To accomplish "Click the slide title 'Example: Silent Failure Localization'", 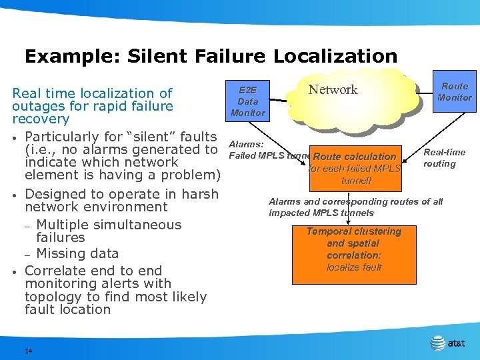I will coord(211,56).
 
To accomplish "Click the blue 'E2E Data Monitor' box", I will coord(247,101).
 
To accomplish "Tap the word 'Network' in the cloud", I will coord(333,90).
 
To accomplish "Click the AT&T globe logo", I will coord(437,343).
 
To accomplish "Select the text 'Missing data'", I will coord(77,253).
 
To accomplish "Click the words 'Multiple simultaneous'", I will coord(109,225).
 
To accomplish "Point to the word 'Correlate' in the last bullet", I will coord(53,271).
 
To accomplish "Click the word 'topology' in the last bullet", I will coord(51,297).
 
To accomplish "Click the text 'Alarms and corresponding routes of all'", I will coord(355,201).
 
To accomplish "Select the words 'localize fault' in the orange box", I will coord(354,267).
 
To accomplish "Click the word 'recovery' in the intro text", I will coord(41,119).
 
